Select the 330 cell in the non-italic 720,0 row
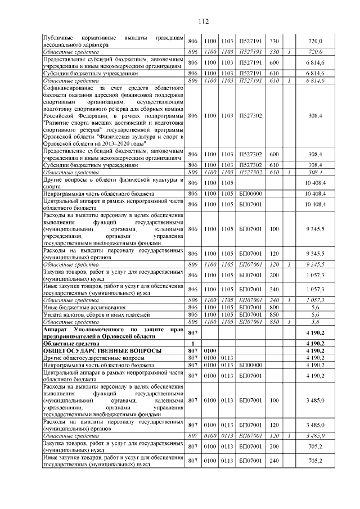click(x=274, y=41)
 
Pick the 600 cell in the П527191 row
click(x=274, y=62)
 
